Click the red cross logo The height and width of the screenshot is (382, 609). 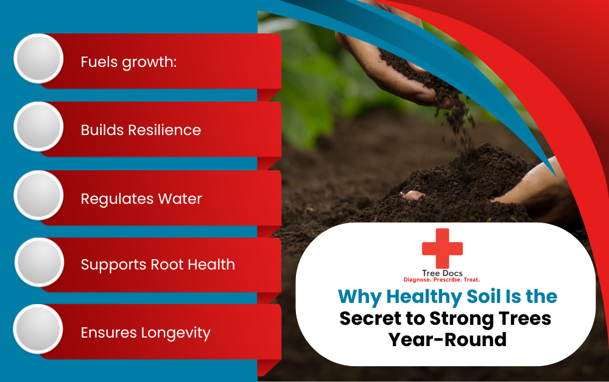[442, 248]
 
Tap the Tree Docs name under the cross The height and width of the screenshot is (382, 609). [442, 273]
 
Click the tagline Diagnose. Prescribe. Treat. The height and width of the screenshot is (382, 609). [442, 280]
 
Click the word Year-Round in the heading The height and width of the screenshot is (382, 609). [448, 339]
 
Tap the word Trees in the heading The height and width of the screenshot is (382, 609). [522, 318]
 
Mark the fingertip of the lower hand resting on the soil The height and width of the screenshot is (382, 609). [412, 195]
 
